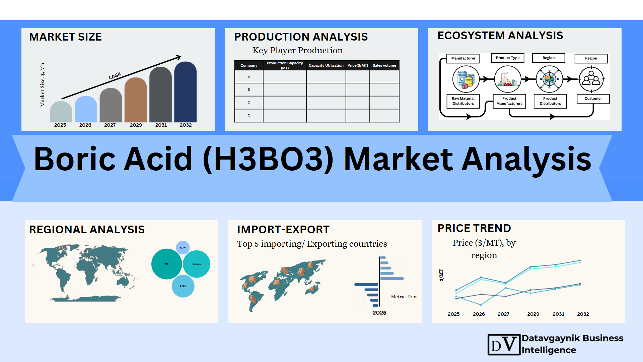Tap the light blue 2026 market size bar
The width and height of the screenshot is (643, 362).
point(86,109)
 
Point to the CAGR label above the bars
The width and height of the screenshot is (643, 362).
point(115,76)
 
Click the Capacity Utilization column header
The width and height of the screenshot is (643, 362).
point(326,65)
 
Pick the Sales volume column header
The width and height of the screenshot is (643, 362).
point(384,65)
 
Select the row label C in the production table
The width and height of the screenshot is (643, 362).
point(249,103)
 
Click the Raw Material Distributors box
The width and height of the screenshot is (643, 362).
point(463,101)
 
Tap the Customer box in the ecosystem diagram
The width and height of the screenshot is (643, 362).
point(593,99)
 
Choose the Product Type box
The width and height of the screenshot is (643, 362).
point(508,58)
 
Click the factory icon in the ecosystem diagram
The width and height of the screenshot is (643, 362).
point(508,79)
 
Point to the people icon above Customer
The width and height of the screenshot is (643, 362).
point(591,79)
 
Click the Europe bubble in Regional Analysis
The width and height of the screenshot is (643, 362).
point(197,264)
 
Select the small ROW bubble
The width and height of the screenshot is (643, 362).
point(183,248)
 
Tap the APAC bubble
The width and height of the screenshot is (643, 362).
point(183,286)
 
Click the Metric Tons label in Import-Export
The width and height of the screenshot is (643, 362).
point(404,297)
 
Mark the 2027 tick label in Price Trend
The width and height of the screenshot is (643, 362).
point(503,314)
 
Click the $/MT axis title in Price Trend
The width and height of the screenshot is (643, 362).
point(441,275)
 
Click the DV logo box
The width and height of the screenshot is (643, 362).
point(504,345)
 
